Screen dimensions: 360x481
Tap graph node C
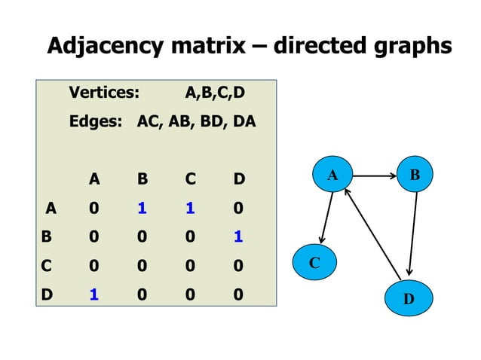click(314, 263)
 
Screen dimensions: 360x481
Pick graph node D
click(408, 297)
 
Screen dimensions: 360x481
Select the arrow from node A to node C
click(325, 219)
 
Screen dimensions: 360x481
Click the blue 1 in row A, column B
click(142, 207)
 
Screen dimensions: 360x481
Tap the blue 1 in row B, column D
click(237, 236)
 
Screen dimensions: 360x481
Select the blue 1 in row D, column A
click(93, 294)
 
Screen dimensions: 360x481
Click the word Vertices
click(104, 94)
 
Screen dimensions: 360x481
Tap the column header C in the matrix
click(190, 179)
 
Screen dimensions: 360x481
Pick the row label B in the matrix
click(47, 236)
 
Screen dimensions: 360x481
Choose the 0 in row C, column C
click(190, 265)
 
